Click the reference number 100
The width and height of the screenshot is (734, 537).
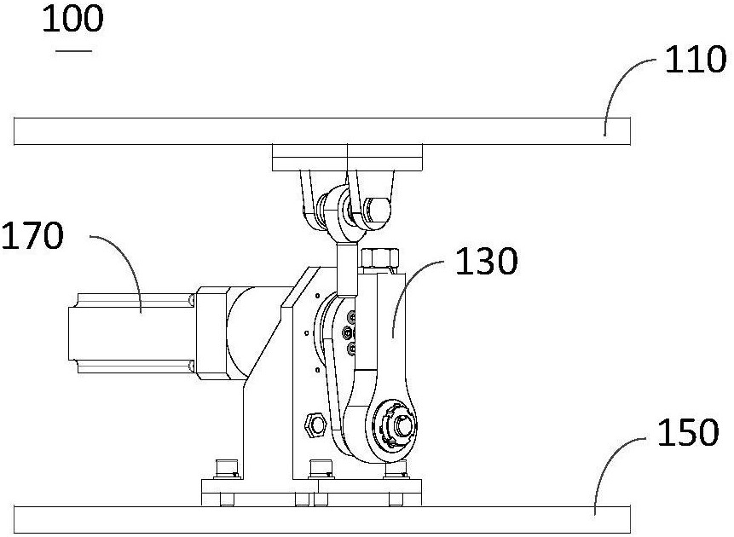(73, 20)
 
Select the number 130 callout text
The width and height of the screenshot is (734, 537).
(487, 261)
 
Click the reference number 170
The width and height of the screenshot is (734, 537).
(32, 235)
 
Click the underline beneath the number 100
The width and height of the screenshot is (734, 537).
(73, 50)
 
